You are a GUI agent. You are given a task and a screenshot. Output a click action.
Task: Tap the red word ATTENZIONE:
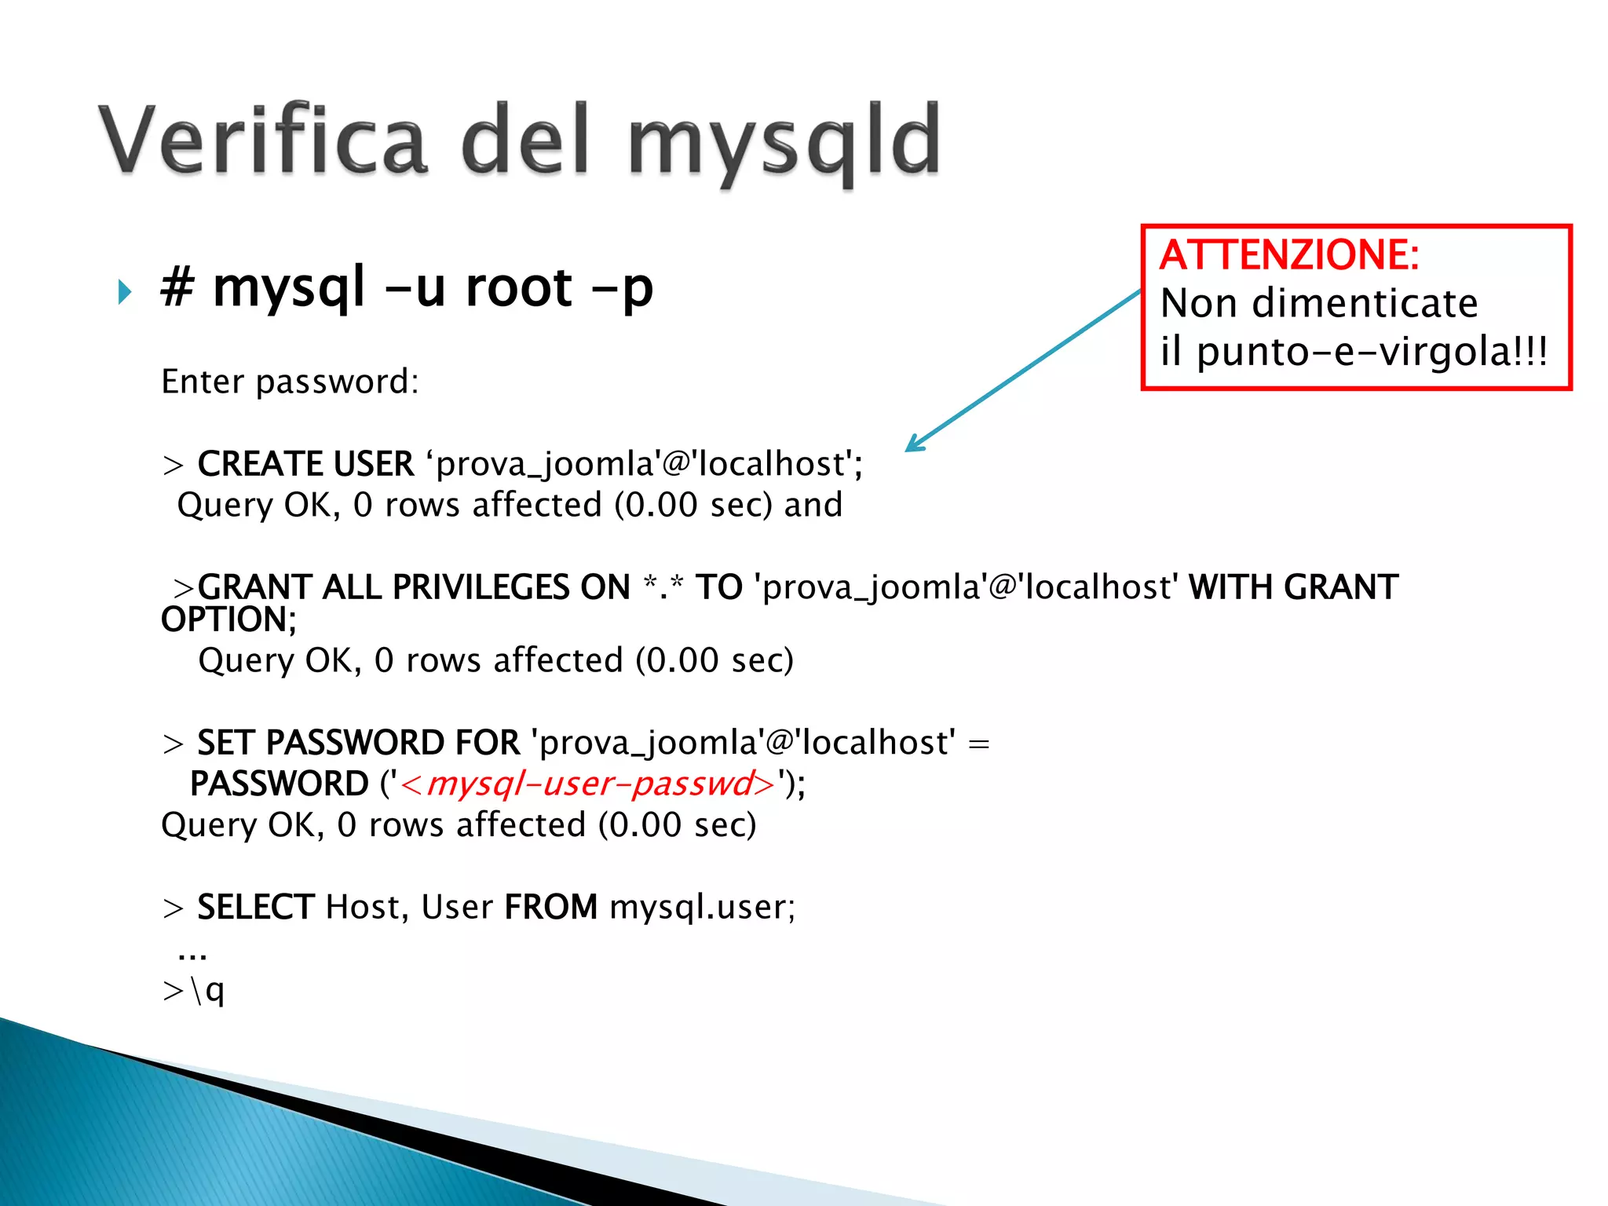pos(1289,255)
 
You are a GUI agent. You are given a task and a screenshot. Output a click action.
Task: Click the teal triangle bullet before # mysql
pos(124,292)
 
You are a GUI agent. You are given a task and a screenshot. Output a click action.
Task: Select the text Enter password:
pos(290,382)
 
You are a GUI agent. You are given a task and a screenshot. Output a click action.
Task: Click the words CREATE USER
pos(305,464)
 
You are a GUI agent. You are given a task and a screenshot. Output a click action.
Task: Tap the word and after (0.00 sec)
pos(813,505)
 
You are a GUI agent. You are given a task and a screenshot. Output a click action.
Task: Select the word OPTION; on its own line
pos(228,619)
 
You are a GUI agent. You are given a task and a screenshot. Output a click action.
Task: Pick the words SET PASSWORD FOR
pos(358,743)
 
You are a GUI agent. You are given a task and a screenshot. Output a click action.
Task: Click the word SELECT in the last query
pos(256,908)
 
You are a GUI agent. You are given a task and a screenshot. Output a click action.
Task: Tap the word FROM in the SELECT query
pos(550,908)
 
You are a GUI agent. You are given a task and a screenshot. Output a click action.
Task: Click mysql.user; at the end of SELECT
pos(702,908)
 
